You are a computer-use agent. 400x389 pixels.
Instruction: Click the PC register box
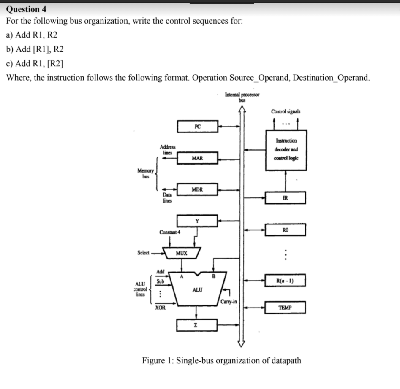[197, 126]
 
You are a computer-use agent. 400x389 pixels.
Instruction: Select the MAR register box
[197, 158]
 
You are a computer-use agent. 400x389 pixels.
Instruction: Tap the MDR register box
[197, 189]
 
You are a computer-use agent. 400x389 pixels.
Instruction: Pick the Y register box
[197, 220]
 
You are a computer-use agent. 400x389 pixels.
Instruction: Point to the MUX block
[182, 253]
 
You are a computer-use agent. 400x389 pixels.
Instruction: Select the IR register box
[285, 197]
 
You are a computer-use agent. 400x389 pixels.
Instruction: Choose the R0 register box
[285, 230]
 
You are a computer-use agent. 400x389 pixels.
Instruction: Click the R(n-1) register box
[285, 280]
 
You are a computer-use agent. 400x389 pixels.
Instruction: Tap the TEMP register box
[285, 308]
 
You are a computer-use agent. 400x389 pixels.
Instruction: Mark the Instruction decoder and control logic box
[286, 149]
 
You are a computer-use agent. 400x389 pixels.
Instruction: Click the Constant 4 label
[170, 232]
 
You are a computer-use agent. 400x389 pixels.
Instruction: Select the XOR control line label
[160, 308]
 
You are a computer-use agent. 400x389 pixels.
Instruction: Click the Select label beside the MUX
[144, 253]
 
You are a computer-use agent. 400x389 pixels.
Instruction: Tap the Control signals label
[286, 111]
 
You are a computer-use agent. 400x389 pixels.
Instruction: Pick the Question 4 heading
[27, 9]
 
